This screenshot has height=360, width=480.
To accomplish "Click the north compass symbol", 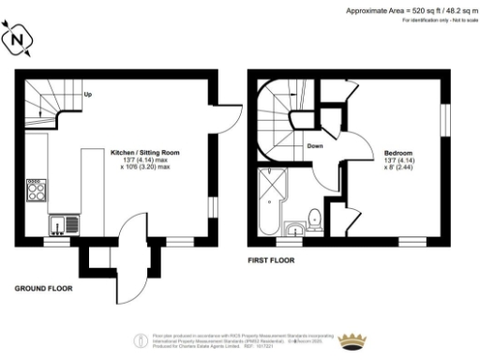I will point(20,40).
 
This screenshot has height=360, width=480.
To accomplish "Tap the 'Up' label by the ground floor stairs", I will point(87,95).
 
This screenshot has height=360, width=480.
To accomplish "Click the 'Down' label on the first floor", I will point(316,145).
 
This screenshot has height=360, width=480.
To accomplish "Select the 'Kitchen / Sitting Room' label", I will point(145,152).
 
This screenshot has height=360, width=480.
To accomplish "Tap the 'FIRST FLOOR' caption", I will point(271,259).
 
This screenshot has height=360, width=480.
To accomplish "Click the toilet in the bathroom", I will point(315,218).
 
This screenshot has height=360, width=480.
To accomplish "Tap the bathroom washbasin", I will point(294,227).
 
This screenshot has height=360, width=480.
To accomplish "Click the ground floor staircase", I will point(43,102).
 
